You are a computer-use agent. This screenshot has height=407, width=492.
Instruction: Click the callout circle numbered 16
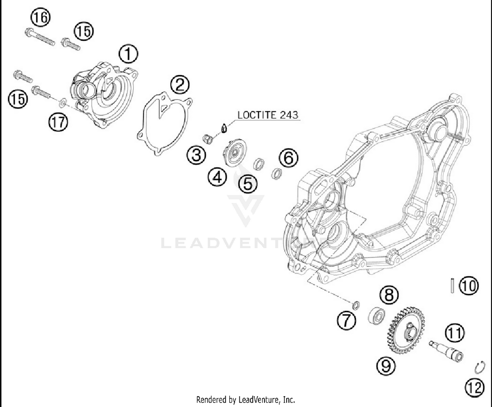pyautogui.click(x=41, y=17)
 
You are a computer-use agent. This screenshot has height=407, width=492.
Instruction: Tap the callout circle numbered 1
pyautogui.click(x=128, y=54)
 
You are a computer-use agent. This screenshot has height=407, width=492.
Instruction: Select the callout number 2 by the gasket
pyautogui.click(x=180, y=85)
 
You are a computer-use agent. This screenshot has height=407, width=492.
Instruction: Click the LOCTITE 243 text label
pyautogui.click(x=268, y=115)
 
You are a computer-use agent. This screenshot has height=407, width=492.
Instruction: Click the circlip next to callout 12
pyautogui.click(x=480, y=367)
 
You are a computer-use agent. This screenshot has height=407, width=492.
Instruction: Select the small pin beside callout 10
pyautogui.click(x=452, y=285)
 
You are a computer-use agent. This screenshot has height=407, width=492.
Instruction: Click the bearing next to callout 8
pyautogui.click(x=376, y=315)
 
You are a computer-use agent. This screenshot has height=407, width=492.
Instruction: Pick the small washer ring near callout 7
pyautogui.click(x=356, y=306)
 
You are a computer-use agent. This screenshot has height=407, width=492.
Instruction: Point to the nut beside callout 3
pyautogui.click(x=207, y=139)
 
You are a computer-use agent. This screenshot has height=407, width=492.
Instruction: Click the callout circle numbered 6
pyautogui.click(x=289, y=158)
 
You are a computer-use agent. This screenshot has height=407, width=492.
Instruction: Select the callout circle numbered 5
pyautogui.click(x=248, y=184)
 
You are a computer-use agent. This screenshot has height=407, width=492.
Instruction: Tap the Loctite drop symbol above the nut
pyautogui.click(x=223, y=128)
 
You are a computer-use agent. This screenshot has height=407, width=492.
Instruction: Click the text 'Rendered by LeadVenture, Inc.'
pyautogui.click(x=245, y=399)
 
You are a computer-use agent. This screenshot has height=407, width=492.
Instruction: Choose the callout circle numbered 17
pyautogui.click(x=58, y=122)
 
